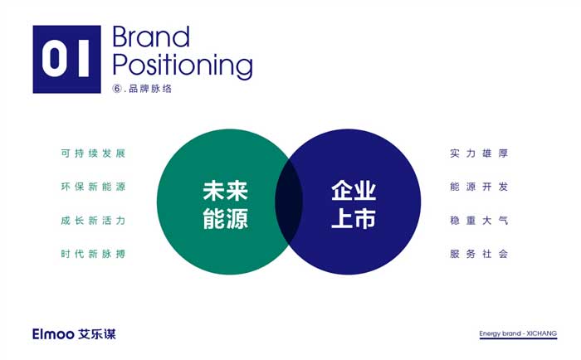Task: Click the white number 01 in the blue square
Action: point(66,59)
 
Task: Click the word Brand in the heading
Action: point(151,36)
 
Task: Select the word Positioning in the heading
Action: point(183,66)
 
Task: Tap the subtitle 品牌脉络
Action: point(150,89)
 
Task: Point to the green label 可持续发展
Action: point(93,153)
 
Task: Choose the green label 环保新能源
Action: point(93,187)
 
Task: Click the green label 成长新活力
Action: point(93,221)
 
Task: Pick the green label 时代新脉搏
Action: point(93,254)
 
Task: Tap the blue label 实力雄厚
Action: point(479,153)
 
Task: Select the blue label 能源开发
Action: point(479,187)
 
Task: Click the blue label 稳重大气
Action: point(479,221)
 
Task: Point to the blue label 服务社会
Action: point(479,254)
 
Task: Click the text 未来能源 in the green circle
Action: point(225,204)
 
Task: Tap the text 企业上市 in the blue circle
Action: point(354,204)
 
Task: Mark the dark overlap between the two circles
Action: point(289,202)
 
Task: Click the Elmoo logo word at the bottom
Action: point(53,334)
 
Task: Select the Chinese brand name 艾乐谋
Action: point(97,334)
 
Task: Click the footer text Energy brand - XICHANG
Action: point(518,333)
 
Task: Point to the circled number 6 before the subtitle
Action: point(117,89)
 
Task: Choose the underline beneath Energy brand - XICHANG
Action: point(518,338)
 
